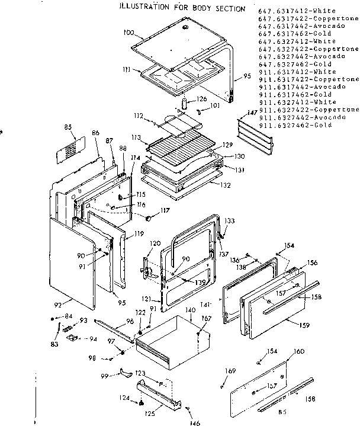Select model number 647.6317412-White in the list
297,11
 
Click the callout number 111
127,70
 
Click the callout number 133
229,220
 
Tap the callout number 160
299,352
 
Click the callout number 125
150,412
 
